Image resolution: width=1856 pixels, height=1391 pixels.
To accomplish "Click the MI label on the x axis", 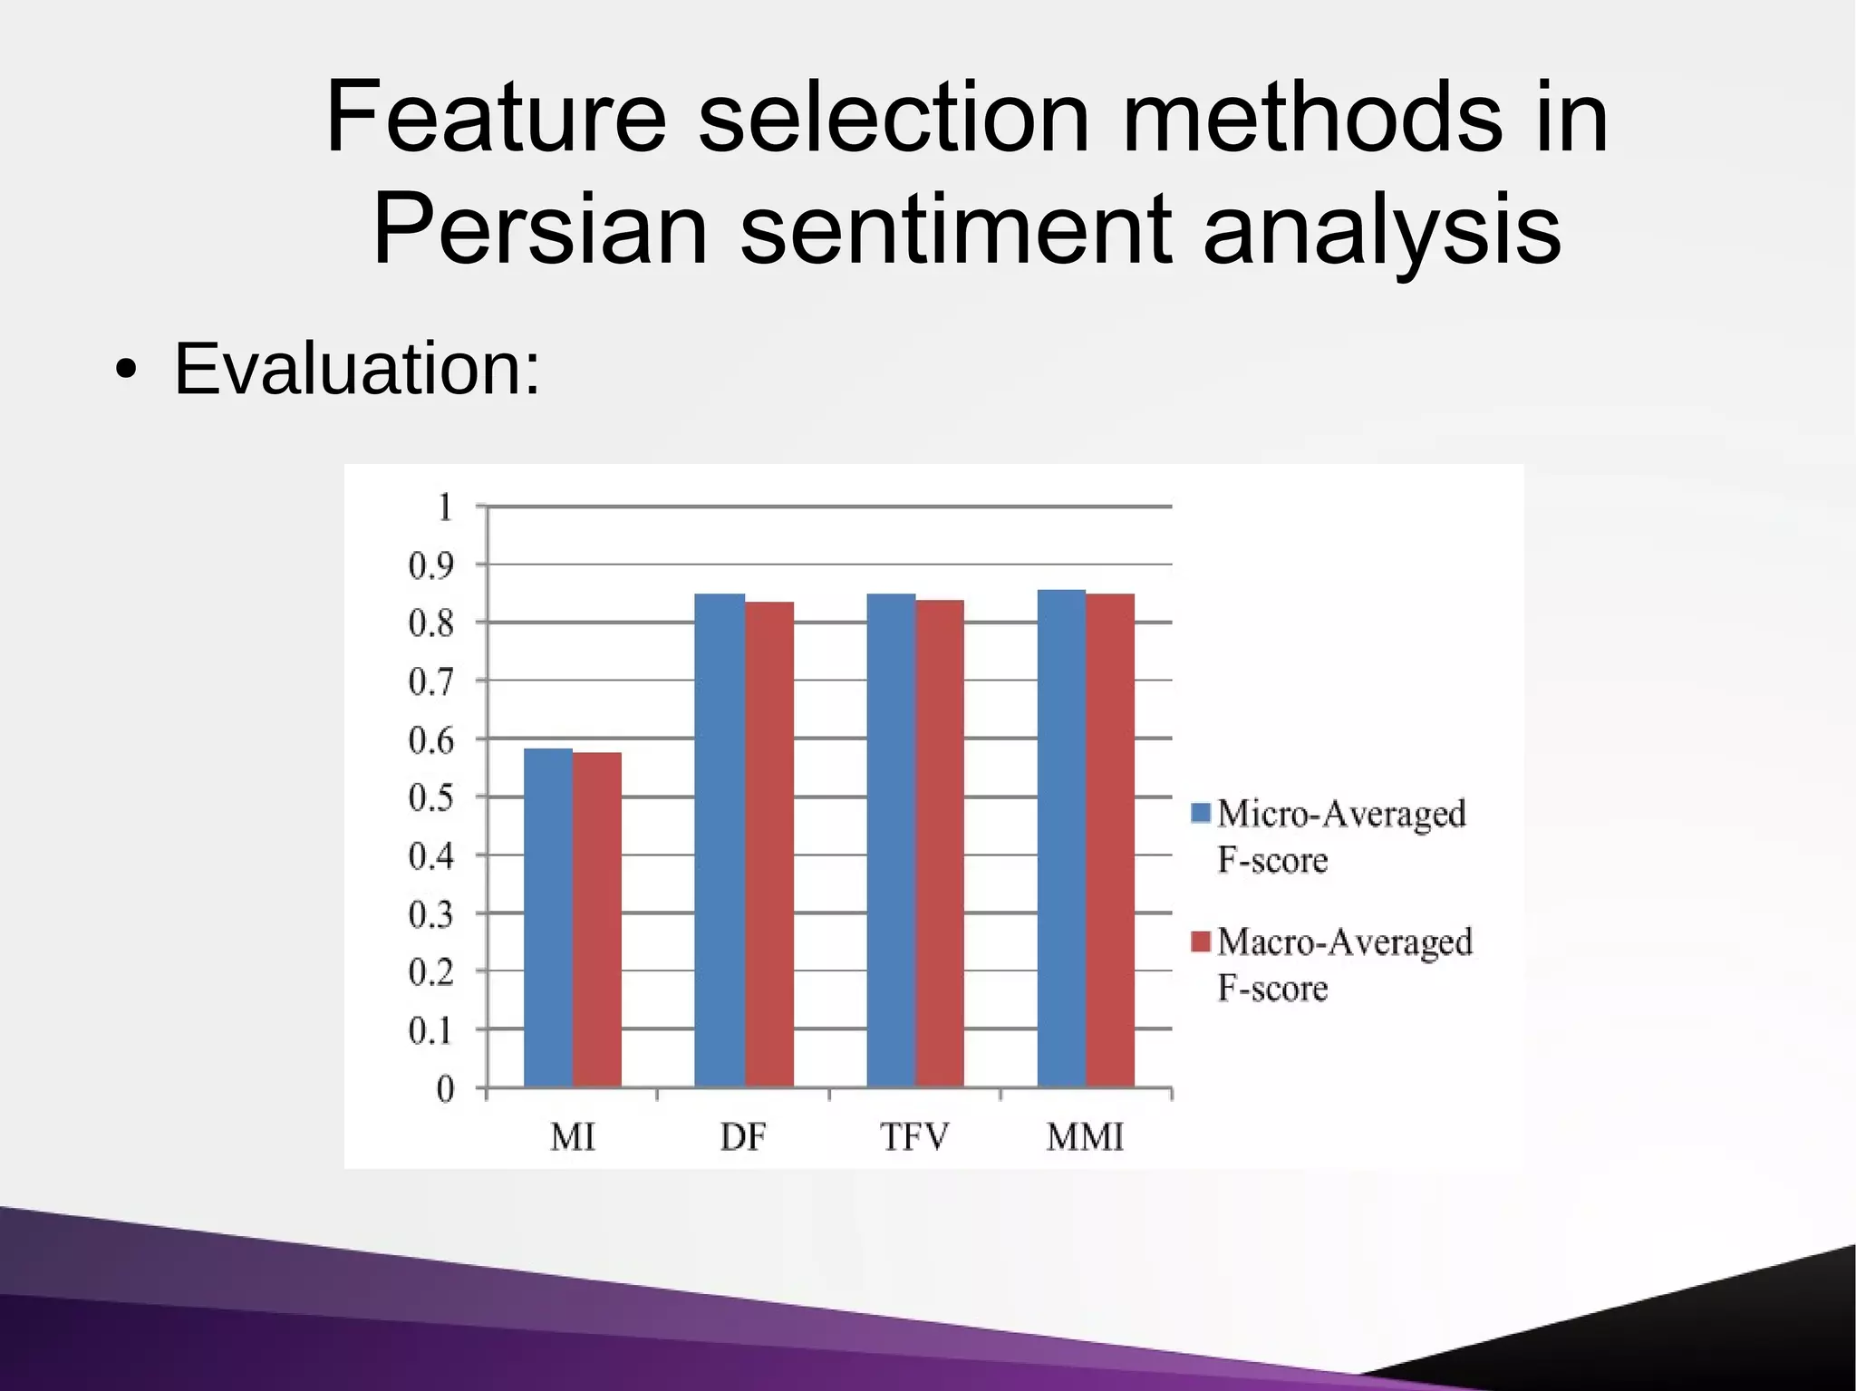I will point(572,1136).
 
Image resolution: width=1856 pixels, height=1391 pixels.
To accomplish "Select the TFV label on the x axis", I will point(914,1136).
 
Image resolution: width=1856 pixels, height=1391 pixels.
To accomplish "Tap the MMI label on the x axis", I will point(1085,1136).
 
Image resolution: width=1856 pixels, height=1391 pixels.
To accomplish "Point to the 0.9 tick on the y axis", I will point(430,566).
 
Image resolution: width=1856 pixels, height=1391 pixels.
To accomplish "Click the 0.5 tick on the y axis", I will point(430,798).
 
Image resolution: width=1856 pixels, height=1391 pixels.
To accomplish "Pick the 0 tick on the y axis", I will point(445,1088).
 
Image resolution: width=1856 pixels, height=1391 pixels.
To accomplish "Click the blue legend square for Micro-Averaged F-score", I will point(1201,813).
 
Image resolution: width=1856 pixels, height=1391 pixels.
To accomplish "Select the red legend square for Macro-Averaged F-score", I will point(1201,942).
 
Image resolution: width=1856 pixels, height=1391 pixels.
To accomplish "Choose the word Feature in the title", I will point(496,117).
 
